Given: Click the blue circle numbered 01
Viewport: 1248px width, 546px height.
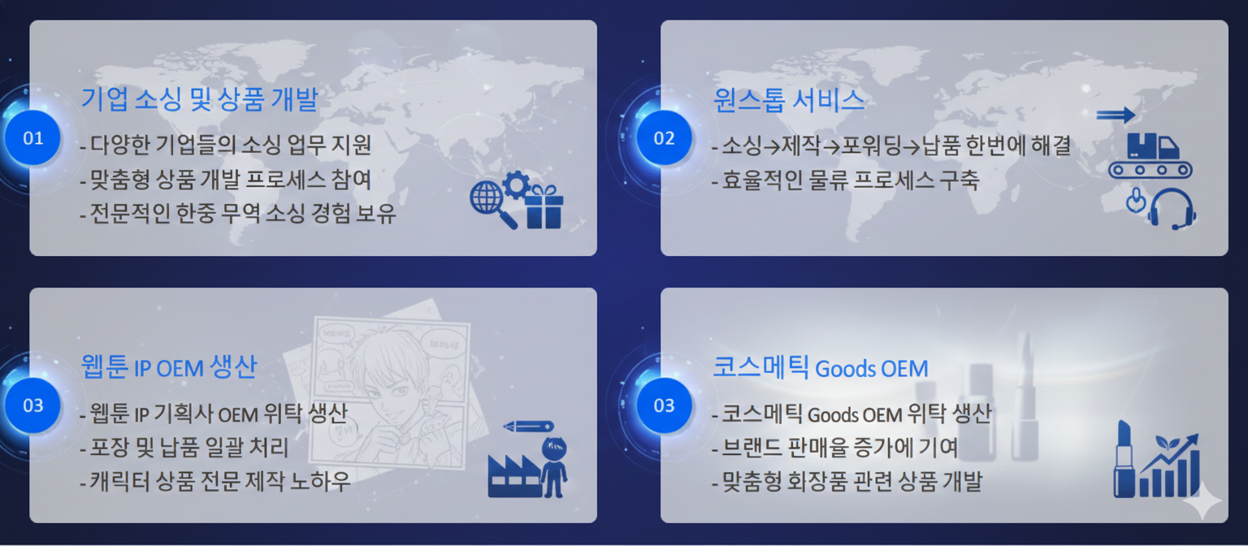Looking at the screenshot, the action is (32, 137).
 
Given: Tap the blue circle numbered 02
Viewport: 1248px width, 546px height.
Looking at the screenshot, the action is (664, 137).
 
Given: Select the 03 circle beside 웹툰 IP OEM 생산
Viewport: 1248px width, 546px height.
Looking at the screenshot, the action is (32, 405).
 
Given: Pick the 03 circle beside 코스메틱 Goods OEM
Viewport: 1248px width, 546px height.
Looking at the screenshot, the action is (664, 405).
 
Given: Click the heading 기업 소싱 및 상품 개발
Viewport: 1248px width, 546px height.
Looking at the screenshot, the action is (199, 99).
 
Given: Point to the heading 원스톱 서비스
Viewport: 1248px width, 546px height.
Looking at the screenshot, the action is (789, 100).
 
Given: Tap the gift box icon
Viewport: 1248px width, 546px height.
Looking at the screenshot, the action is (544, 206).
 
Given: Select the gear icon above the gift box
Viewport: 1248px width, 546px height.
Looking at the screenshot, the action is (517, 184).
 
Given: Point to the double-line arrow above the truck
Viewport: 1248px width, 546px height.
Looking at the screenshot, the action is (1116, 115).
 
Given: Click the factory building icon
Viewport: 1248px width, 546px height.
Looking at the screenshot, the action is (514, 476).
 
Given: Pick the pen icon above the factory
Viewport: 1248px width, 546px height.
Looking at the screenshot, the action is (528, 427).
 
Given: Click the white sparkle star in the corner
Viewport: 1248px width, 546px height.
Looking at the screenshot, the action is (1202, 500).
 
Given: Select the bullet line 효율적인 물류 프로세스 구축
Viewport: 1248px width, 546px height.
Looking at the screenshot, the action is (845, 180).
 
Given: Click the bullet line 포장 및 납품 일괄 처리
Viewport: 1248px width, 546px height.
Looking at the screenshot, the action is (184, 448).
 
